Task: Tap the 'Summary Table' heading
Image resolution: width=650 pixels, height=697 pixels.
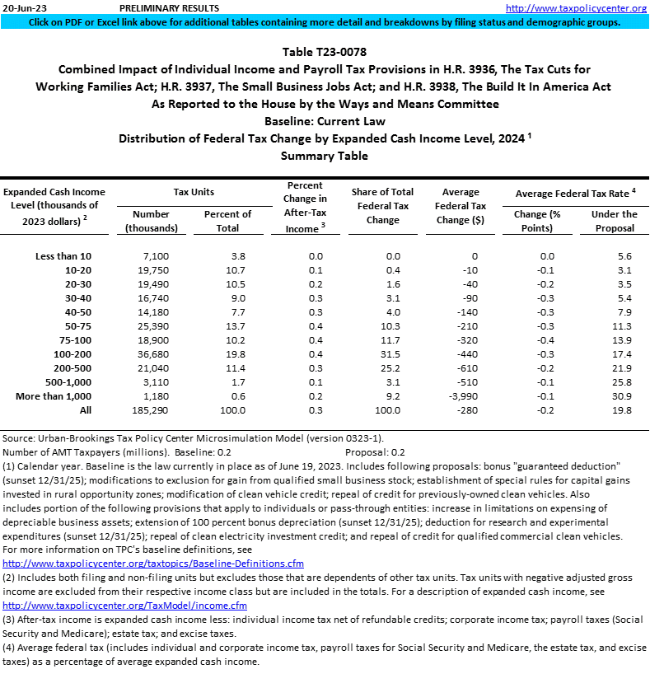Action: (x=325, y=155)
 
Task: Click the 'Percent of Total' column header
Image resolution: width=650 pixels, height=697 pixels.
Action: (x=227, y=221)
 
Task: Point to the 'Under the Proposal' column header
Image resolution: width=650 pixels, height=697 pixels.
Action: (x=614, y=221)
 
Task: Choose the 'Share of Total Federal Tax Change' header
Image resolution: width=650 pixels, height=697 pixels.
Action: (x=382, y=206)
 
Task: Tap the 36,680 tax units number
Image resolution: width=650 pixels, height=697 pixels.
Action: (x=152, y=355)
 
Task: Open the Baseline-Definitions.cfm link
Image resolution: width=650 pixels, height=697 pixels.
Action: (x=153, y=564)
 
